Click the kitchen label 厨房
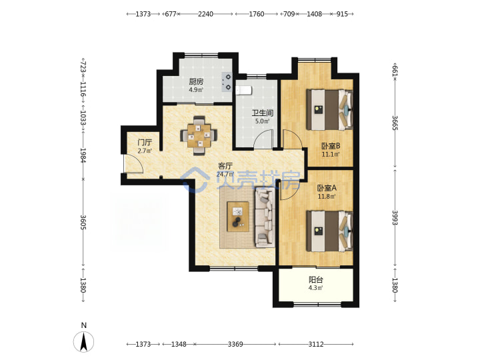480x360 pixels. tap(196, 82)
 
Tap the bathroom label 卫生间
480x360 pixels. tap(263, 113)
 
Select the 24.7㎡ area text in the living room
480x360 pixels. tap(225, 175)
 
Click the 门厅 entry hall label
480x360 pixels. tap(145, 143)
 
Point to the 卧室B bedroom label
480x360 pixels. tap(331, 146)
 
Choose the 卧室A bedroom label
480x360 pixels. tap(327, 187)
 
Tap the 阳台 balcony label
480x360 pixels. tap(315, 279)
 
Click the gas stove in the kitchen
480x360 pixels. tap(227, 82)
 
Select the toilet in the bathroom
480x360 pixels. tap(244, 90)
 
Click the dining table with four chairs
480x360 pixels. tap(199, 135)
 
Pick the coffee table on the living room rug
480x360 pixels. tap(238, 217)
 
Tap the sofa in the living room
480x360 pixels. tap(265, 217)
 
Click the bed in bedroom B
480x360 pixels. tap(330, 109)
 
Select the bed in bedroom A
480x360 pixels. tap(330, 231)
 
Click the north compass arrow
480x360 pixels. tap(83, 341)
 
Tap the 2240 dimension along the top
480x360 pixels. tap(205, 14)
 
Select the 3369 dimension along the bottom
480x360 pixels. tap(235, 344)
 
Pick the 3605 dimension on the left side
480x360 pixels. tap(83, 222)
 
